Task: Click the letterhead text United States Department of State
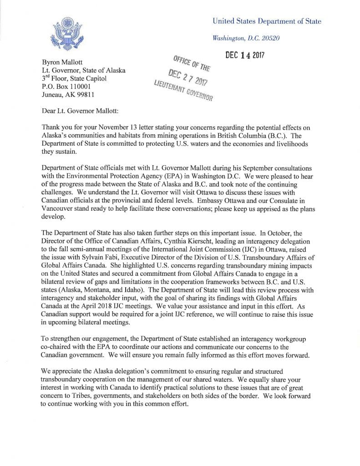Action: click(x=267, y=21)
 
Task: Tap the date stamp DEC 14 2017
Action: click(x=245, y=56)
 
